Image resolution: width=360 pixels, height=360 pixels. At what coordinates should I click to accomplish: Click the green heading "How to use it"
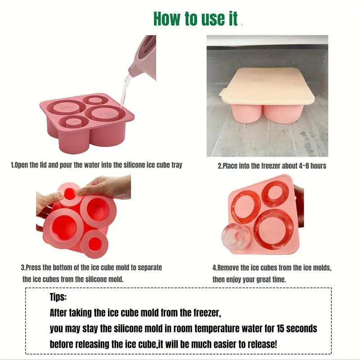coord(195,19)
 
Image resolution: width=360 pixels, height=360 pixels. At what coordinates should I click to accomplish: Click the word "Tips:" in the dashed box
coord(58,297)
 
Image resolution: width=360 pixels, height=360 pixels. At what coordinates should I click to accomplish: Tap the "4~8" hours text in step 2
coord(304,166)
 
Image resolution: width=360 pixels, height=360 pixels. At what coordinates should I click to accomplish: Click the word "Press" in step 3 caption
coord(33,267)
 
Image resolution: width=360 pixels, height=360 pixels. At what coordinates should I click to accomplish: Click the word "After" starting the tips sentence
coord(58,313)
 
